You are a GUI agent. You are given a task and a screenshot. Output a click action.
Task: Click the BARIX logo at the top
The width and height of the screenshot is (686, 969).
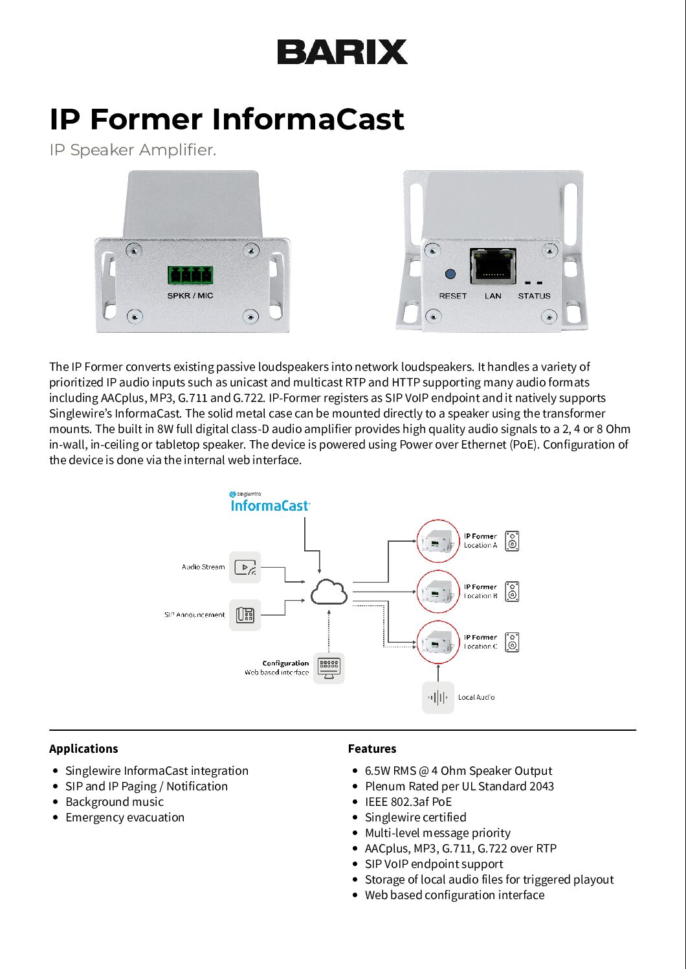tap(342, 52)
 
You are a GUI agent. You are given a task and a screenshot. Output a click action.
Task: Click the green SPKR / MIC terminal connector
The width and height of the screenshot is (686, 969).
tap(190, 275)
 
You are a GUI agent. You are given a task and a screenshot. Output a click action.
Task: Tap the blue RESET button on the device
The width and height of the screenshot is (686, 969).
tap(450, 274)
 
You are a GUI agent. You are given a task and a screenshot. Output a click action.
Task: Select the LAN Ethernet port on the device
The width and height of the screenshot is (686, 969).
tap(492, 265)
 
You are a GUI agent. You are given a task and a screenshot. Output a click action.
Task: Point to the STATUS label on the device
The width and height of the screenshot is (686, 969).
tap(534, 296)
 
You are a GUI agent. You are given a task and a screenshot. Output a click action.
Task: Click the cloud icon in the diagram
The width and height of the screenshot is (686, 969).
tap(329, 592)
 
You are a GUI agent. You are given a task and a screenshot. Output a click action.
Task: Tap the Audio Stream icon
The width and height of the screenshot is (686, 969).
tap(245, 567)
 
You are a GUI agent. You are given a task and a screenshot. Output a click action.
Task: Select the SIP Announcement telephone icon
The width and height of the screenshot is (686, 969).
tap(245, 615)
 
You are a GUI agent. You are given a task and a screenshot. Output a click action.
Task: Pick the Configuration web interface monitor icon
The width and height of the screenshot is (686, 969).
tap(329, 667)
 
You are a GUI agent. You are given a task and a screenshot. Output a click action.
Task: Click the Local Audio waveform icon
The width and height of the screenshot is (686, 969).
tap(438, 697)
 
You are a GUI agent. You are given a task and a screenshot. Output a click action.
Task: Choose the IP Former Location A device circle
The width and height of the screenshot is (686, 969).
tap(437, 540)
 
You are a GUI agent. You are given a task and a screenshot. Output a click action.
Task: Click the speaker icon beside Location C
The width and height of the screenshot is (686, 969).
tap(512, 642)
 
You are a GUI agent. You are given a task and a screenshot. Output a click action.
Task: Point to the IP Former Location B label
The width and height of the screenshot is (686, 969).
tap(480, 592)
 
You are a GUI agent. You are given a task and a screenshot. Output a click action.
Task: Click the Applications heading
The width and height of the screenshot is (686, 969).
tap(83, 748)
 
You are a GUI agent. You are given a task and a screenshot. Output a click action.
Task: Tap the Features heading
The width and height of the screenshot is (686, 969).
tap(372, 748)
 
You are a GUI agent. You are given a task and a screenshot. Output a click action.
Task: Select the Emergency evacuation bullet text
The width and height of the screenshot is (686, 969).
tap(125, 818)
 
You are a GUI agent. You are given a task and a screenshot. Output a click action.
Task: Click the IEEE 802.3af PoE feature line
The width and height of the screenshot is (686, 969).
tap(408, 802)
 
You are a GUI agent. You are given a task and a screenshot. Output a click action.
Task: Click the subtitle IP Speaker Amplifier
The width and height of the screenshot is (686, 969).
tap(133, 150)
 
